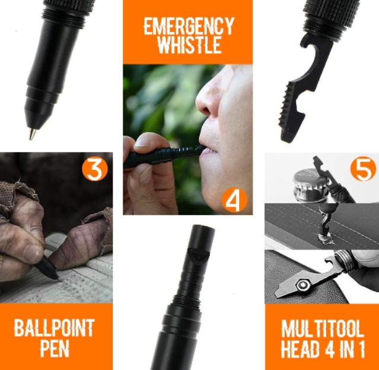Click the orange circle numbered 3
pos(94,169)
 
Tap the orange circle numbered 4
pos(234,200)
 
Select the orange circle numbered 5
pos(363,169)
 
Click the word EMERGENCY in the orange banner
pos(189,26)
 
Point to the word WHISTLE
pos(189,45)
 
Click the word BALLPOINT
pos(54,328)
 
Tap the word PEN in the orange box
pos(55,349)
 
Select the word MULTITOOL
pos(323,328)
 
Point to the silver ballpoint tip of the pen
pos(32,134)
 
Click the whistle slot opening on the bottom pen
pos(199,254)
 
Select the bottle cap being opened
pos(310,184)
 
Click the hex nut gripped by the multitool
pos(303,285)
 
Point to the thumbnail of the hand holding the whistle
pos(142,143)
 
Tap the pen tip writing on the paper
pos(58,278)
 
